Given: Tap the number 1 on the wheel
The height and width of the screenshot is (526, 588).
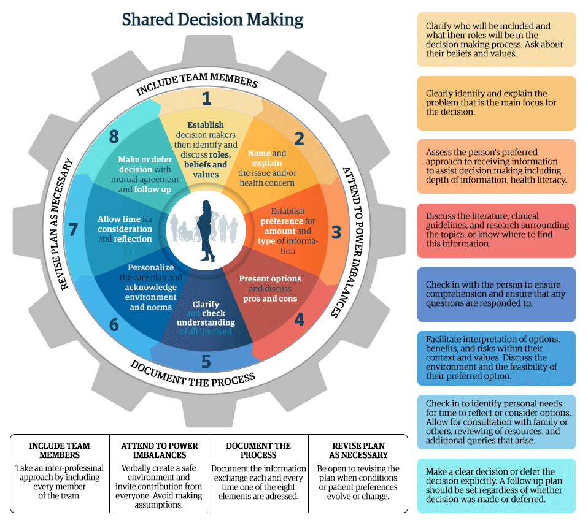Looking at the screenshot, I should tap(206, 99).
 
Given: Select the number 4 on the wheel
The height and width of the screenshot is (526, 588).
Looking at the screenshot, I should tap(299, 319).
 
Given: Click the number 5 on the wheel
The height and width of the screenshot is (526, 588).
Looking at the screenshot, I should tap(206, 362).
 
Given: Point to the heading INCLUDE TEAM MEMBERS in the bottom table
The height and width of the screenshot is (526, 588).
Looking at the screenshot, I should tap(60, 451).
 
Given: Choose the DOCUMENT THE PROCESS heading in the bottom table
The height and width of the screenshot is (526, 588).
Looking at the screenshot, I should tap(258, 451).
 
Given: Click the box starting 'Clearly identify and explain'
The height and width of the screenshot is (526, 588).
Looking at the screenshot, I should tap(496, 103).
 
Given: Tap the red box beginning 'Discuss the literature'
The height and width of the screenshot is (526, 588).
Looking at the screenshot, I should tap(496, 231).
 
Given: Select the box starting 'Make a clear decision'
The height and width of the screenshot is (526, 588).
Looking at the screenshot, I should tap(496, 485).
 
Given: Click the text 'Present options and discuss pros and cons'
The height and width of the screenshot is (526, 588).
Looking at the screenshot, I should tap(269, 289).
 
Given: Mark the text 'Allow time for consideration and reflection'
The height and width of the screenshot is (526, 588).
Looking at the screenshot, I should tap(125, 229).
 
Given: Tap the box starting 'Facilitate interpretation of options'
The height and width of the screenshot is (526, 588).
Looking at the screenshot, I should tap(496, 358).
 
